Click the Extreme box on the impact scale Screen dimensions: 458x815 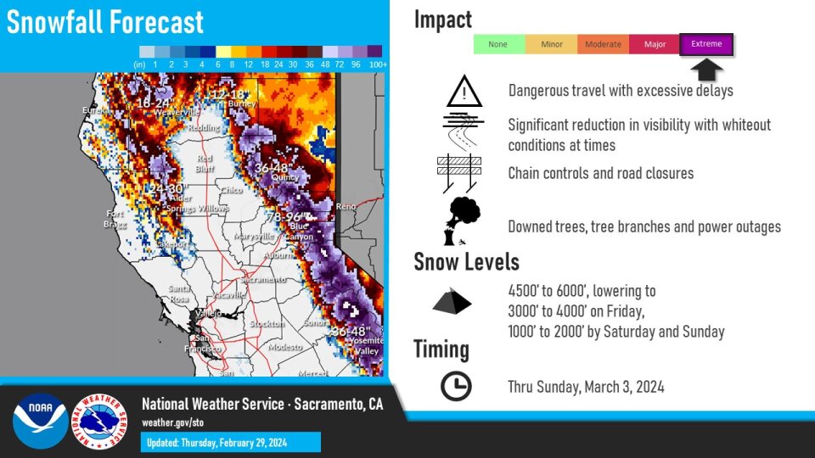pyautogui.click(x=706, y=44)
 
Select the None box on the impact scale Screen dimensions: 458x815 pyautogui.click(x=498, y=44)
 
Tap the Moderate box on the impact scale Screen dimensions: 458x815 pyautogui.click(x=603, y=44)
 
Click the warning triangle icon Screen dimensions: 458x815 pyautogui.click(x=464, y=91)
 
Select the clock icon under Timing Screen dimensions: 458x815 pyautogui.click(x=456, y=387)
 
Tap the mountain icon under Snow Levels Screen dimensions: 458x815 pyautogui.click(x=452, y=302)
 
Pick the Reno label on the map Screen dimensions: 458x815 pyautogui.click(x=346, y=206)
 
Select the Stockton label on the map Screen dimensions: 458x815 pyautogui.click(x=267, y=324)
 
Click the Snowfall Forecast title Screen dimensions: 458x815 pyautogui.click(x=105, y=22)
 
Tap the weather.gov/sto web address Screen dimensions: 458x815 pyautogui.click(x=172, y=422)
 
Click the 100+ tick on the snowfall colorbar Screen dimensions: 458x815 pyautogui.click(x=379, y=64)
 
